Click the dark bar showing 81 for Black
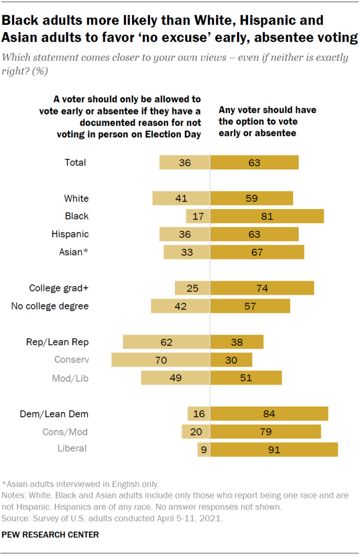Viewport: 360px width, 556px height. (x=267, y=216)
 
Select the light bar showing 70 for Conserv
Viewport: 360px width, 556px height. (x=160, y=360)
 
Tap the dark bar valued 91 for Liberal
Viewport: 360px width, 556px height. (x=274, y=449)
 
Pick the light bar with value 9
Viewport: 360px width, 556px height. (x=204, y=449)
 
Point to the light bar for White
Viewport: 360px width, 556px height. (x=181, y=198)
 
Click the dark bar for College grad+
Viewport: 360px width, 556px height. (x=262, y=288)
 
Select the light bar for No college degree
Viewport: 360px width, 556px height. (x=180, y=306)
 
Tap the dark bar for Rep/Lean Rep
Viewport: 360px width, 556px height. (x=237, y=342)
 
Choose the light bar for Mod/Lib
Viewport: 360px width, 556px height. (x=175, y=378)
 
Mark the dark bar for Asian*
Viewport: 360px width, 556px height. (x=257, y=252)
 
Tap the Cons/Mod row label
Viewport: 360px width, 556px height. (x=65, y=432)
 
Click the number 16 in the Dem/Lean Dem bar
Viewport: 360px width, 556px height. (x=199, y=414)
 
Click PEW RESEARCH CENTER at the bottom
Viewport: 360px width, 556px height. (x=50, y=535)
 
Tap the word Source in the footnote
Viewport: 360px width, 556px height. (x=16, y=519)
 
